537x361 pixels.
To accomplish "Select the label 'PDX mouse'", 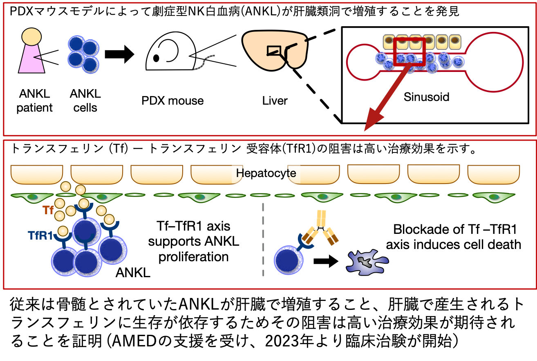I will click(172, 101).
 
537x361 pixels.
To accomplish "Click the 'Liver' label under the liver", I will click(275, 101).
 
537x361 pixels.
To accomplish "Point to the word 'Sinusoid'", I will click(426, 97).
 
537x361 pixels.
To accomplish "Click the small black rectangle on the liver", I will click(273, 50).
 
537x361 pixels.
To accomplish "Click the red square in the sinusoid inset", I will click(409, 51).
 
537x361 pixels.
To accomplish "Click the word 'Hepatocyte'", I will click(266, 173).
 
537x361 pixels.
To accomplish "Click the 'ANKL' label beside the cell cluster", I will click(133, 272).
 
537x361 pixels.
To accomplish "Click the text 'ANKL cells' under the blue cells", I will click(85, 101).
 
